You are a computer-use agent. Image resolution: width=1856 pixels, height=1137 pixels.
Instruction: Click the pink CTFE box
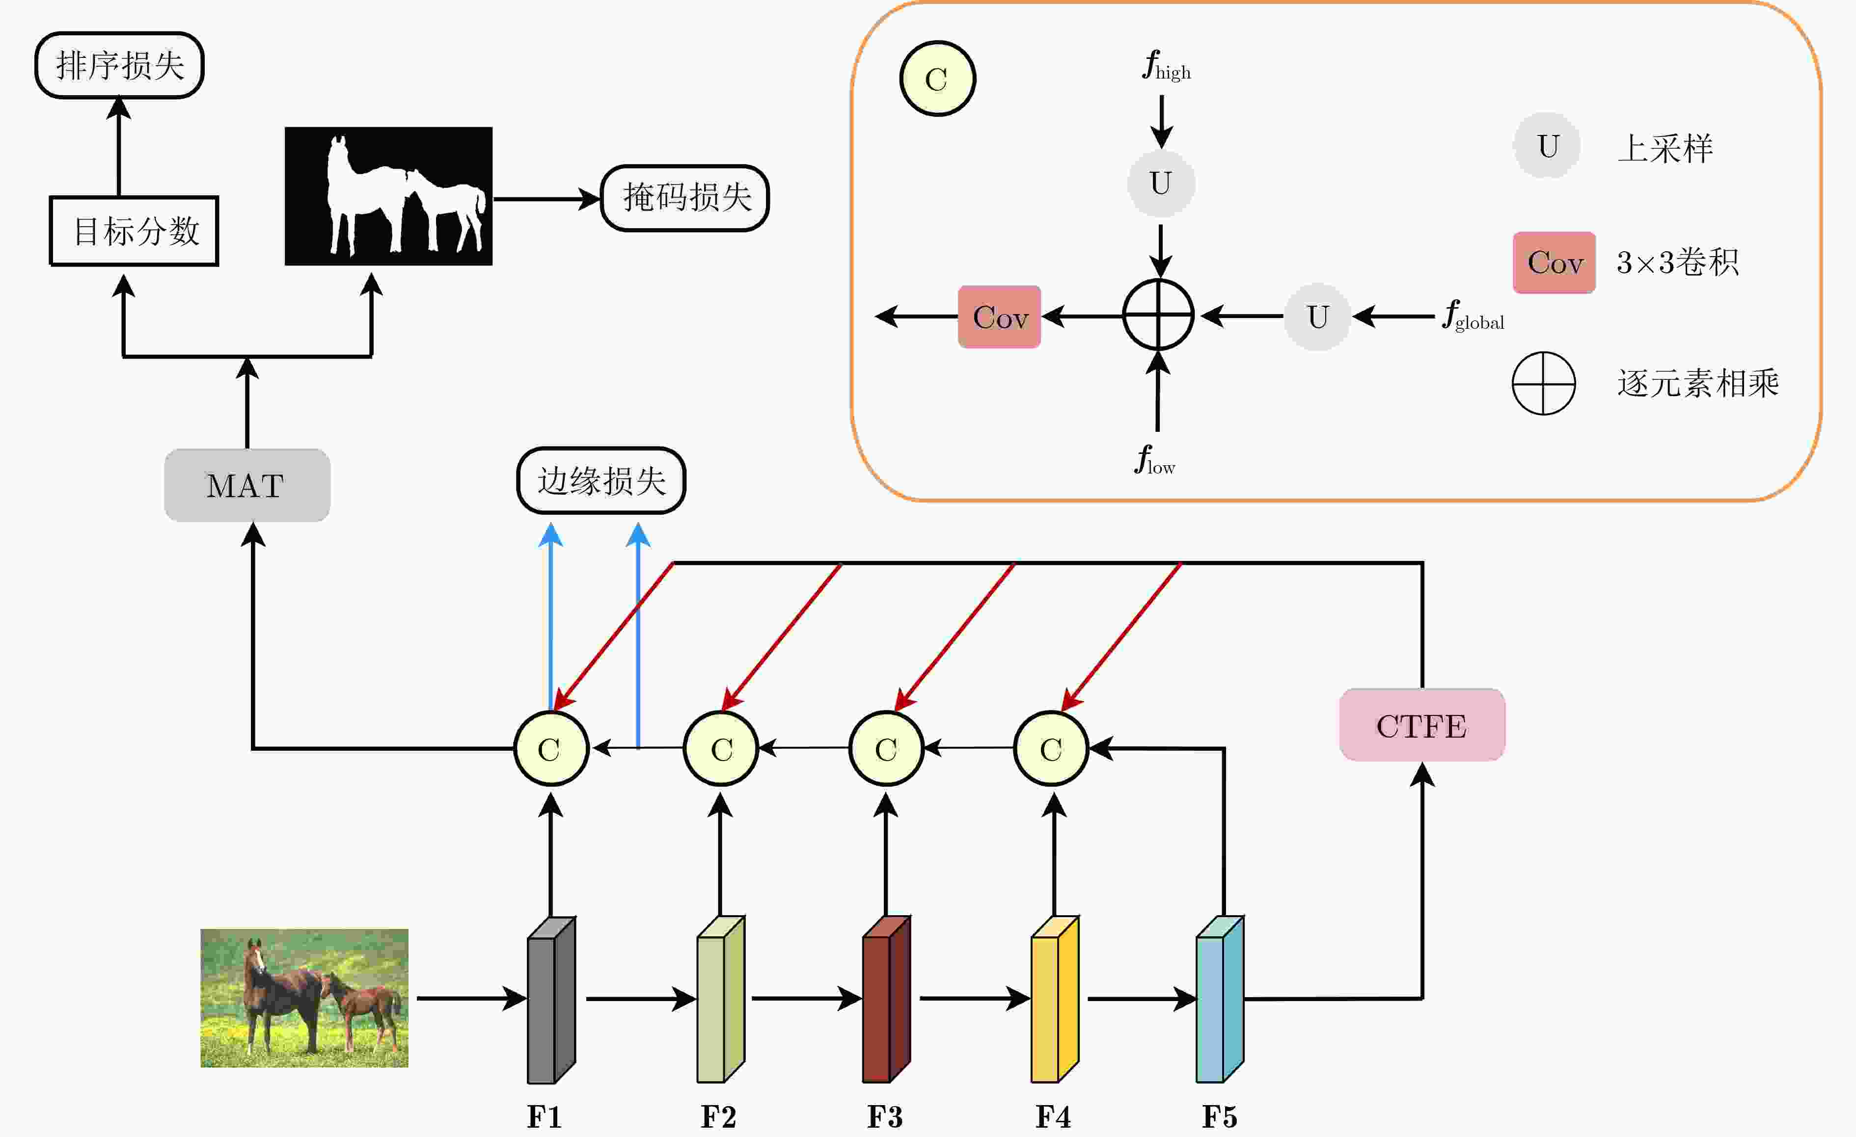coord(1422,725)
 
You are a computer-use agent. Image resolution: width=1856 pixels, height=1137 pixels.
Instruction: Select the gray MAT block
coord(247,485)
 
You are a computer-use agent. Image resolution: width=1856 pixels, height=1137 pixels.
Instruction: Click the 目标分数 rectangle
coord(134,231)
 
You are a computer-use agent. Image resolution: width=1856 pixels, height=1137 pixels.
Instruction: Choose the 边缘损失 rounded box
coord(601,480)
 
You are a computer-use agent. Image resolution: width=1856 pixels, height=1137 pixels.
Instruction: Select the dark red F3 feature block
coord(887,999)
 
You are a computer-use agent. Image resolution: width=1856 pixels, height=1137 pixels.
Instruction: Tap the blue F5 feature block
coord(1220,999)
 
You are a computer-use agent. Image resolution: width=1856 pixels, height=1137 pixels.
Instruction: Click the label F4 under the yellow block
coord(1053,1117)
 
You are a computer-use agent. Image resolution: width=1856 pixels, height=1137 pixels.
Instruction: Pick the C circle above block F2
coord(721,748)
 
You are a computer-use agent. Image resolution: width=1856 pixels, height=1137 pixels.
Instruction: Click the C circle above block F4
coord(1052,748)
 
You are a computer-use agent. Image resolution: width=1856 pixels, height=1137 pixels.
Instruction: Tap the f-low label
coord(1155,459)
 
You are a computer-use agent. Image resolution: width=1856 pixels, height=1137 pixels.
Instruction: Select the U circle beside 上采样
coord(1547,145)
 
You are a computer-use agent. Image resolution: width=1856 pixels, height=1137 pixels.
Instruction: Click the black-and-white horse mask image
coord(389,196)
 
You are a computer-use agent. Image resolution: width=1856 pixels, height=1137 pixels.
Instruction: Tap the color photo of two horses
coord(304,998)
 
